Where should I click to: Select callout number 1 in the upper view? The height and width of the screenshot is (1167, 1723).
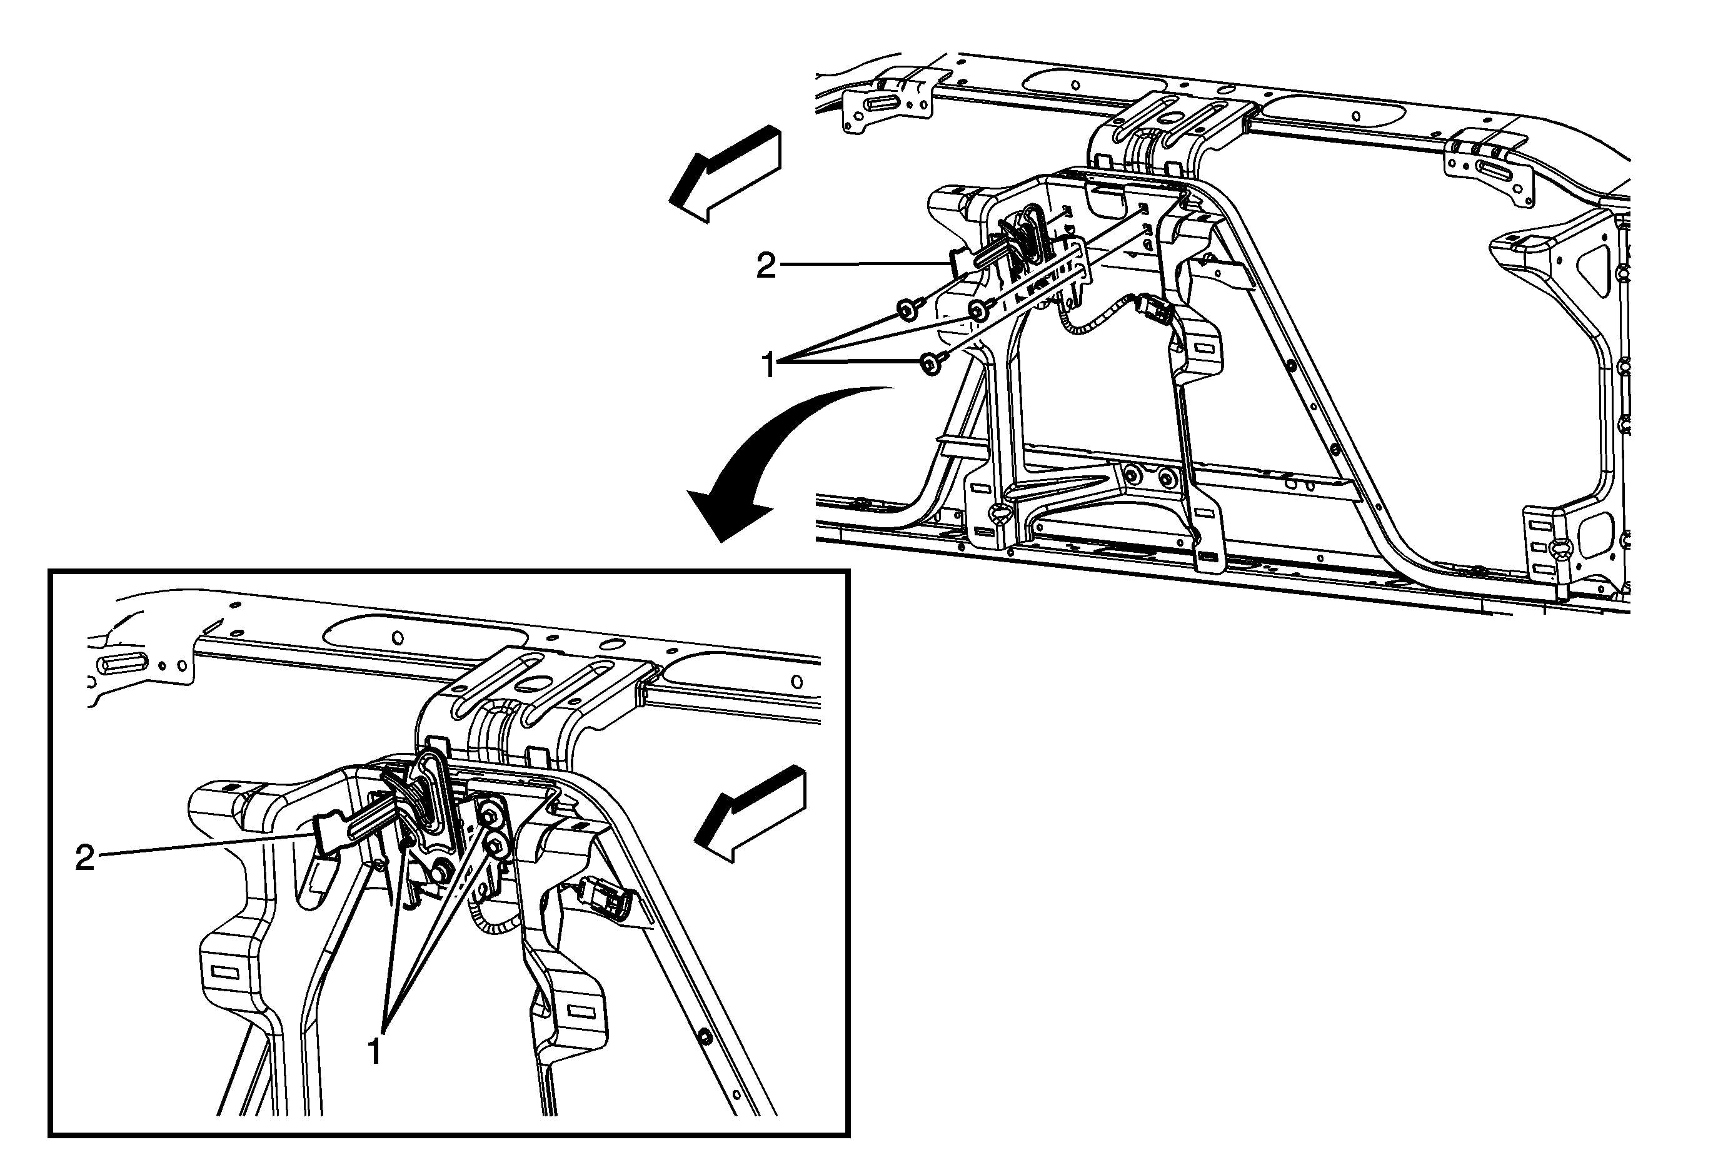coord(769,365)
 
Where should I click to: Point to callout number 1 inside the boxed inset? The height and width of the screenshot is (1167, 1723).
coord(375,1051)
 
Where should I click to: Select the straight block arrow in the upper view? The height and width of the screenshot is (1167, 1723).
coord(725,173)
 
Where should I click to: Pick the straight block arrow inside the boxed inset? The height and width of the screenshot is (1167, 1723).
coord(750,814)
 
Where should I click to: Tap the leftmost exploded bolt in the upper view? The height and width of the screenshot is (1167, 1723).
coord(908,308)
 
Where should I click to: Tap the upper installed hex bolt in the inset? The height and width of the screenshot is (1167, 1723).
coord(491,814)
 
